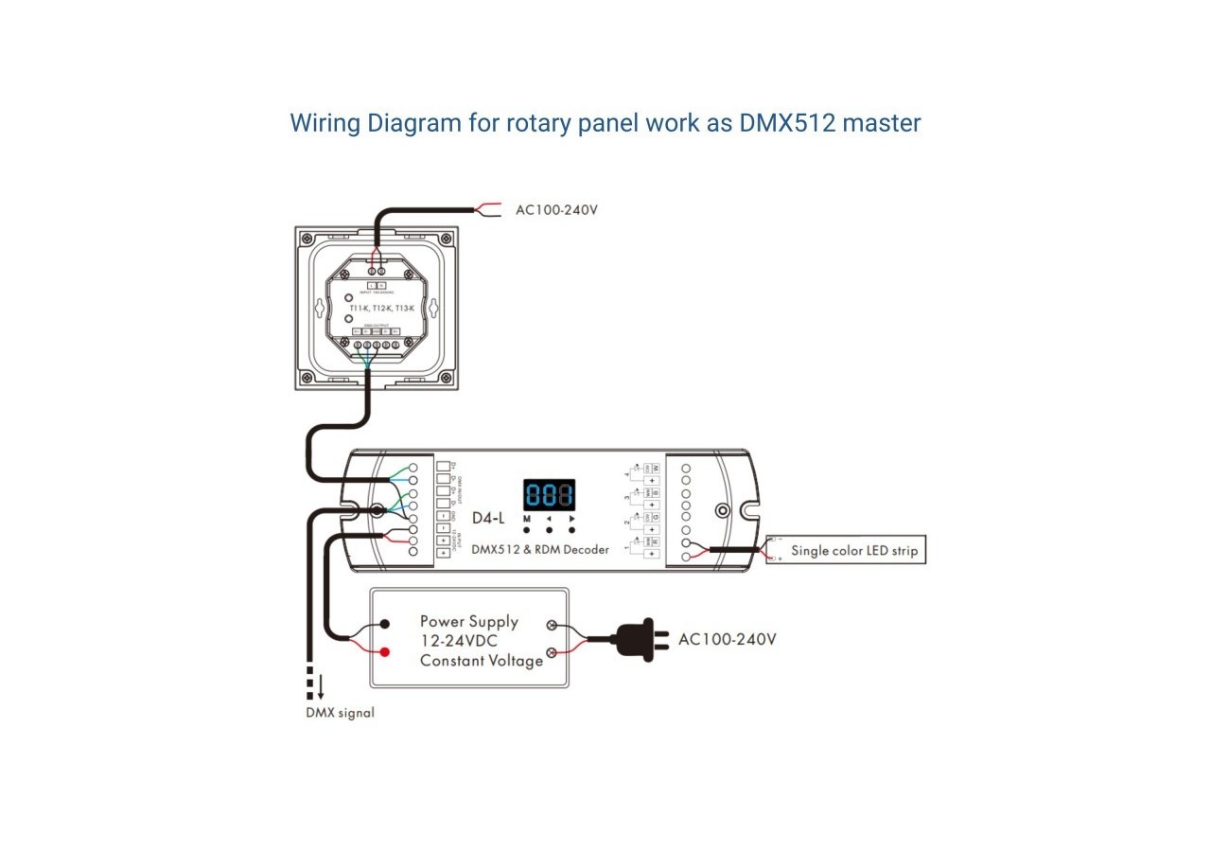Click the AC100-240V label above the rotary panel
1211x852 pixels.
(556, 209)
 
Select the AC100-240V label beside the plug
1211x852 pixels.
(727, 639)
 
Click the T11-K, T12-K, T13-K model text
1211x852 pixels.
(381, 309)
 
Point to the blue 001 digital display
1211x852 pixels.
(549, 494)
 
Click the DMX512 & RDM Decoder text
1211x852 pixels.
(539, 549)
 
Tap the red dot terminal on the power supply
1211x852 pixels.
(385, 652)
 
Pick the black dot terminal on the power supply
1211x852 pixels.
(385, 625)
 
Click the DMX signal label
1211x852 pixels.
(340, 712)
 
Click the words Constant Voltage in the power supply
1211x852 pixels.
(482, 661)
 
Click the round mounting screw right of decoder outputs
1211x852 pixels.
(722, 510)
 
